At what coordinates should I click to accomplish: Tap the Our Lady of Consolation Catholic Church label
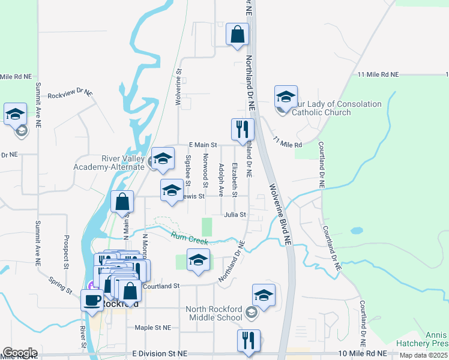[336, 108]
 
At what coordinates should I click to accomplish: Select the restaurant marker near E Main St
[243, 129]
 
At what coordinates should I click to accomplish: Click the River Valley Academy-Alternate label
[109, 163]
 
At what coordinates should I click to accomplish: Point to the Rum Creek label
[188, 238]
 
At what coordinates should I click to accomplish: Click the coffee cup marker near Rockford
[92, 299]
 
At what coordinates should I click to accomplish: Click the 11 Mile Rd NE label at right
[378, 74]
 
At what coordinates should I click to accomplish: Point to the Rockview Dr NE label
[70, 94]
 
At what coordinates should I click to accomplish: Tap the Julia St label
[235, 214]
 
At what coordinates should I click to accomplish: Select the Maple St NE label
[153, 328]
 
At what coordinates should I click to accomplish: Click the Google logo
[20, 353]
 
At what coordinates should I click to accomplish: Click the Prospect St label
[64, 252]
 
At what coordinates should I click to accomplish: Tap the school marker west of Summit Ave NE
[15, 114]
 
